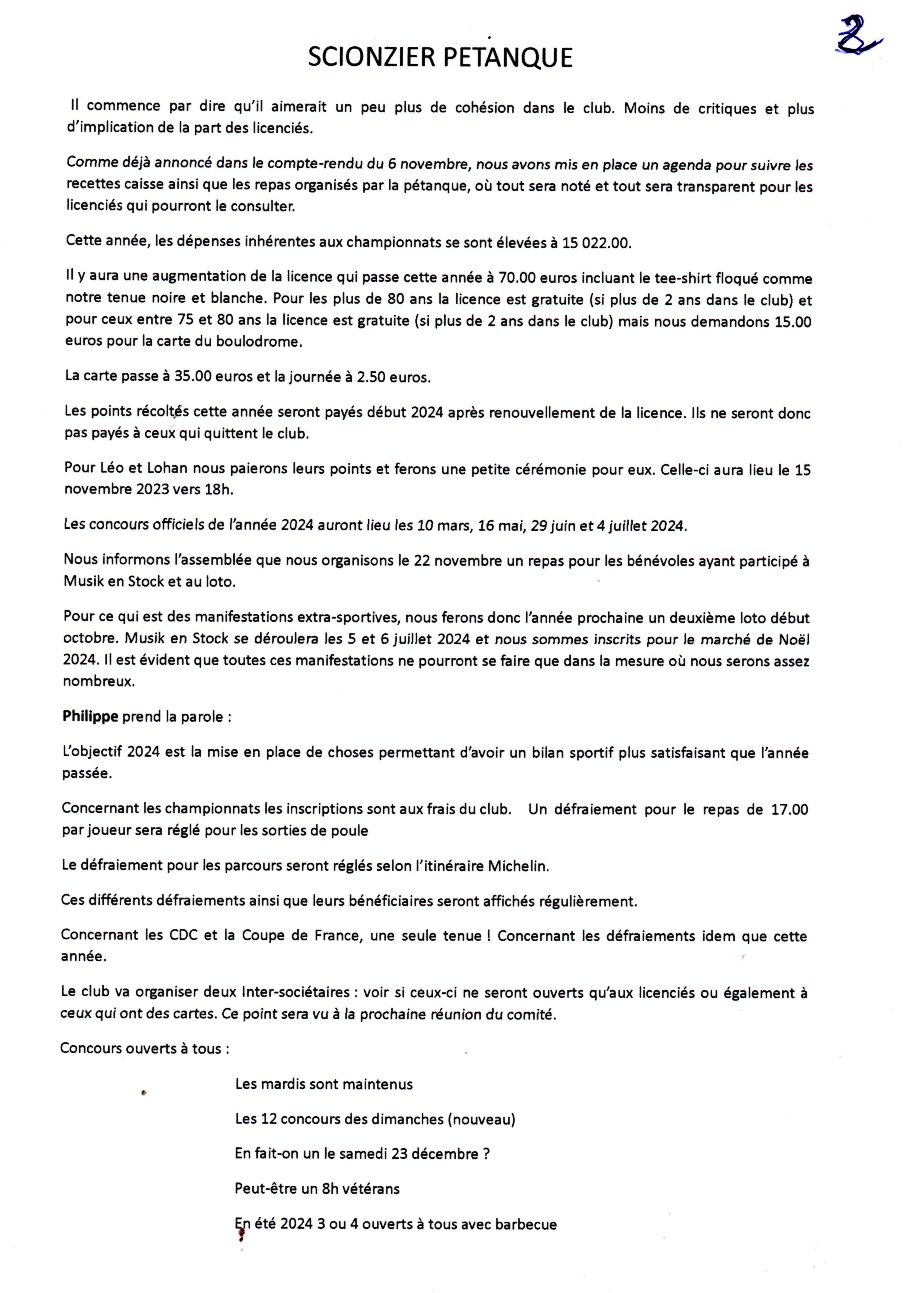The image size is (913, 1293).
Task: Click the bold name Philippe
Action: (x=90, y=716)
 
